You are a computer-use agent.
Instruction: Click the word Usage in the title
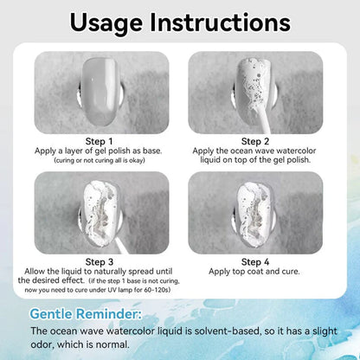pos(106,23)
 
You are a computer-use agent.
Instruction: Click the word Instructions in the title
pos(220,22)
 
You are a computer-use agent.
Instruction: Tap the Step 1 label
pos(99,141)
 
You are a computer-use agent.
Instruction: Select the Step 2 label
pos(255,141)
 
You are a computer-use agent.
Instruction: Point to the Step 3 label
pos(100,262)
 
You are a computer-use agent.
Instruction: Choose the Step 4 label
pos(255,262)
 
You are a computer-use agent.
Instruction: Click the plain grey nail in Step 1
pos(100,92)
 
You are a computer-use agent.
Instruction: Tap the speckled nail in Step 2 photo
pos(254,87)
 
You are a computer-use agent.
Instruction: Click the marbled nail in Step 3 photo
pos(101,215)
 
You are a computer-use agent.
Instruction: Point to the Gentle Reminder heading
pos(86,314)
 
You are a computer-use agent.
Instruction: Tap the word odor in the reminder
pos(42,344)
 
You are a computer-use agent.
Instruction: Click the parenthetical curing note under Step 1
pos(100,160)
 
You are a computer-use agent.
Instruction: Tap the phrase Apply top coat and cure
pos(254,272)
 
